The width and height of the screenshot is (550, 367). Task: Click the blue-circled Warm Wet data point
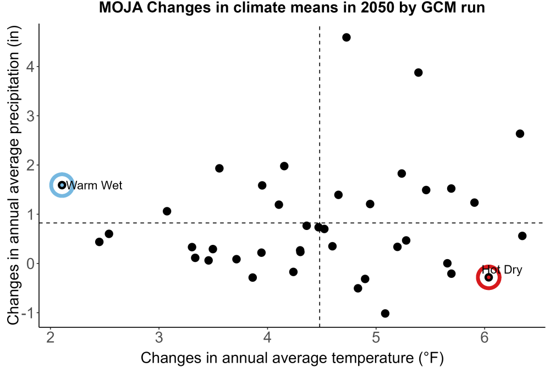click(62, 185)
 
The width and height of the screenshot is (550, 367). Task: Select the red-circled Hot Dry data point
click(488, 277)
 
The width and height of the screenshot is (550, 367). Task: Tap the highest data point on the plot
click(346, 37)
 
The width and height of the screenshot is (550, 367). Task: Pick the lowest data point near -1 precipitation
click(385, 313)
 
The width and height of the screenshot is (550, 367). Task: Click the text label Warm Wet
click(94, 185)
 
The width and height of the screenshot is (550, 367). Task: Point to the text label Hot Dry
click(502, 270)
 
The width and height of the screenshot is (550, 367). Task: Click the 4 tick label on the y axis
click(30, 67)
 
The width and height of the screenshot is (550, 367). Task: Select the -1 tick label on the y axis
click(28, 313)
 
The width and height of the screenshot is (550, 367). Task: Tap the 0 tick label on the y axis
click(30, 264)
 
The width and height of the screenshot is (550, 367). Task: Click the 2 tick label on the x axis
click(51, 337)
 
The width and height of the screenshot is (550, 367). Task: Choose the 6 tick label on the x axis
click(485, 337)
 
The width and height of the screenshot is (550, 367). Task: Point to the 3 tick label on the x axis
click(159, 337)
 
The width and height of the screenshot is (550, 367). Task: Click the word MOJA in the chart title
click(121, 7)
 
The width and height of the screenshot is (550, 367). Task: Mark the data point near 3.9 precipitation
click(418, 73)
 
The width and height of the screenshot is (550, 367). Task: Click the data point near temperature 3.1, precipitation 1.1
click(167, 211)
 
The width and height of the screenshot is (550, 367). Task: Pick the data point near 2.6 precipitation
click(520, 134)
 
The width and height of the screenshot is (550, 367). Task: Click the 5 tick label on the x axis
click(376, 337)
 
